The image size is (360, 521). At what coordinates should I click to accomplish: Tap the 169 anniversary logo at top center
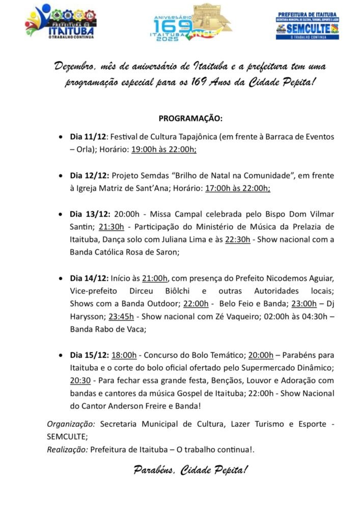point(189,22)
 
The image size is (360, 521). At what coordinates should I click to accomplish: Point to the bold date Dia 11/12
point(88,137)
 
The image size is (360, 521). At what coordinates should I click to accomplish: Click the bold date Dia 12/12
point(90,176)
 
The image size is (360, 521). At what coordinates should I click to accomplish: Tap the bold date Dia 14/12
point(90,278)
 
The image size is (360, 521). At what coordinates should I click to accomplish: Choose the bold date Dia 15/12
point(89,354)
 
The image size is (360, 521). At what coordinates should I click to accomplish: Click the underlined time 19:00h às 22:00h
point(164,150)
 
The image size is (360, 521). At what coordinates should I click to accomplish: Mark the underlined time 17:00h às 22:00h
point(237,188)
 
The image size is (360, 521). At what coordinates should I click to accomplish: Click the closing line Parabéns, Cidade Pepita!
point(190,470)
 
